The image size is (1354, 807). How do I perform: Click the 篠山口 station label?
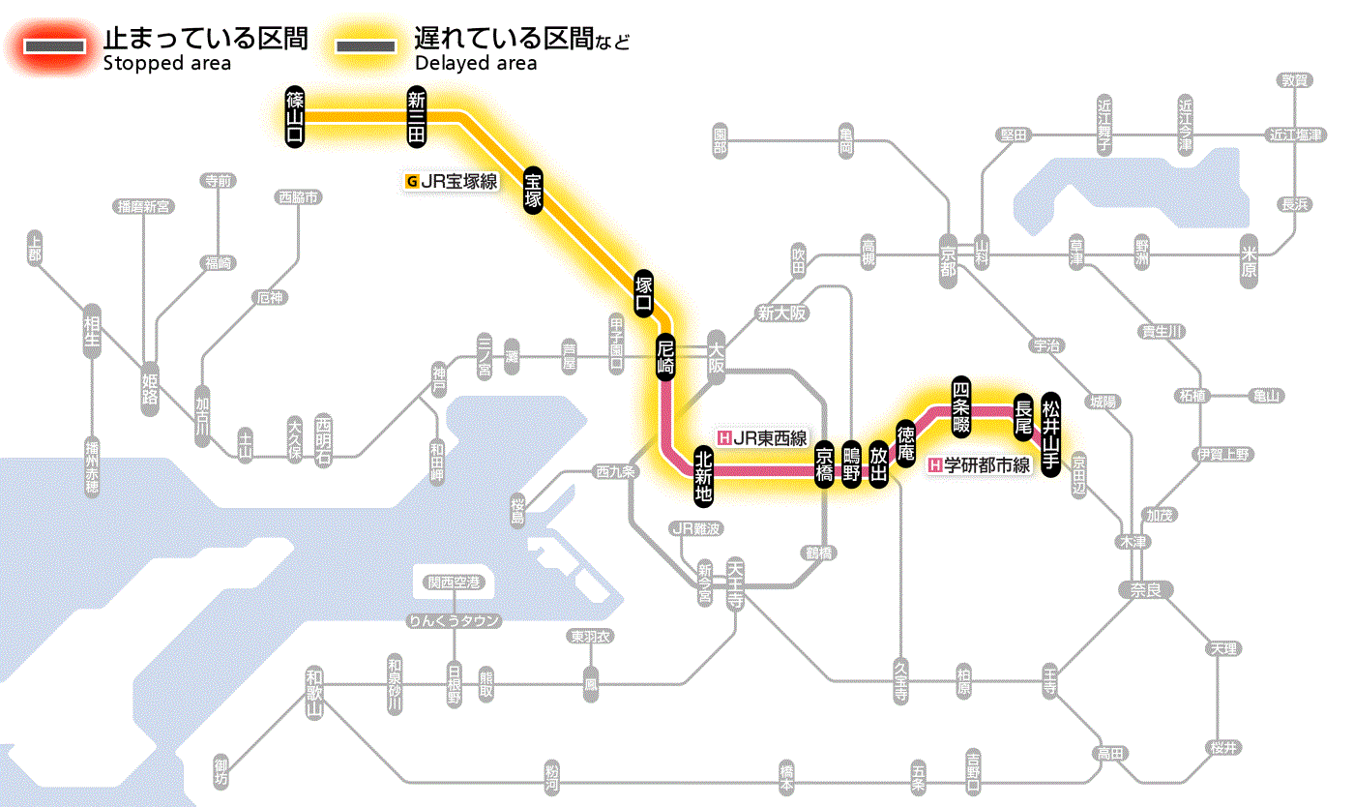tap(295, 116)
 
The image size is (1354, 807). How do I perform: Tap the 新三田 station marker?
tap(417, 116)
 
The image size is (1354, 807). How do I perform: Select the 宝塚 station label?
tap(533, 191)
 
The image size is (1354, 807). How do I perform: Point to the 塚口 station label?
tap(643, 293)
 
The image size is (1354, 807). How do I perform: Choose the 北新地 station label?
tap(704, 474)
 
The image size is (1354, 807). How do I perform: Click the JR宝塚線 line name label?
tap(453, 180)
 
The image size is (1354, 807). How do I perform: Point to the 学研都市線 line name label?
tap(980, 465)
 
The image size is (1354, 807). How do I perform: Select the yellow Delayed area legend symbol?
tap(365, 46)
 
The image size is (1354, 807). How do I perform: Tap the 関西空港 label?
tap(454, 583)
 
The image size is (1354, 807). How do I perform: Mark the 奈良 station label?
tap(1145, 589)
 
